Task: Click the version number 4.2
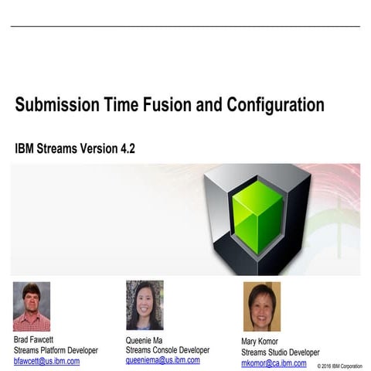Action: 125,148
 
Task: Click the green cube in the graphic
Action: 258,216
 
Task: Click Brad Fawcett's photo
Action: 32,306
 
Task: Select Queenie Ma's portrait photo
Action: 145,305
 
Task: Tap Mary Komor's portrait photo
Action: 261,307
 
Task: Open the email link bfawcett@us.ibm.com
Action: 46,361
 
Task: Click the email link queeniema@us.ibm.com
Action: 163,360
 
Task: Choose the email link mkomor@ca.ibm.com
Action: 274,363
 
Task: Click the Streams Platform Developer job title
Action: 56,350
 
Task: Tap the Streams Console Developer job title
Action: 168,350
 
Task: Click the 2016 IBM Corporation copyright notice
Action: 339,366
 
